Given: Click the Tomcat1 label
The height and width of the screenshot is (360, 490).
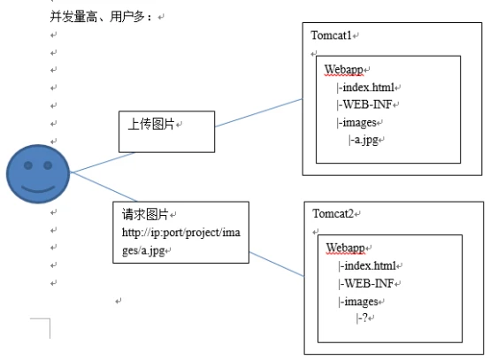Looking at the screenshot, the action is [332, 35].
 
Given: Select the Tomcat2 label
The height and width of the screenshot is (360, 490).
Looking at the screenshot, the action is [333, 214].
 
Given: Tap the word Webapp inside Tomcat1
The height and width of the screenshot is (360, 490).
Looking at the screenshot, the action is [343, 70].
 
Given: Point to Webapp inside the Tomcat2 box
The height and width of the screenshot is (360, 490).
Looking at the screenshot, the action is [345, 249].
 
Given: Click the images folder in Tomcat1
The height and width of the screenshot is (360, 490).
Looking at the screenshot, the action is [359, 122].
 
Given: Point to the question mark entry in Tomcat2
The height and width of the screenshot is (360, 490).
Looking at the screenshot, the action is [364, 318].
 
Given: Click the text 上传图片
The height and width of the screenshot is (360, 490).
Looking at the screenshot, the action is [151, 124].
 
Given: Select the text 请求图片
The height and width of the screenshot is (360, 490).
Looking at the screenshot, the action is [145, 214].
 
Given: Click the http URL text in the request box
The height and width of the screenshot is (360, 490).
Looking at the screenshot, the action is [181, 241].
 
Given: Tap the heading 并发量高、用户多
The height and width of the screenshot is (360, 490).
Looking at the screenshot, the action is [101, 16].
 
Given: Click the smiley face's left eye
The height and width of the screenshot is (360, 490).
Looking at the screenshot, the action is [28, 165].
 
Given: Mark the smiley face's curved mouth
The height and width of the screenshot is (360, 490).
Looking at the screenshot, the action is [38, 188].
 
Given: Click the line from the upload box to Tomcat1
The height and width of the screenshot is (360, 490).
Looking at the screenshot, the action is [259, 113].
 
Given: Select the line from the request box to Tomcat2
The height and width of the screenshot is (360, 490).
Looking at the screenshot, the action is [277, 264].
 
